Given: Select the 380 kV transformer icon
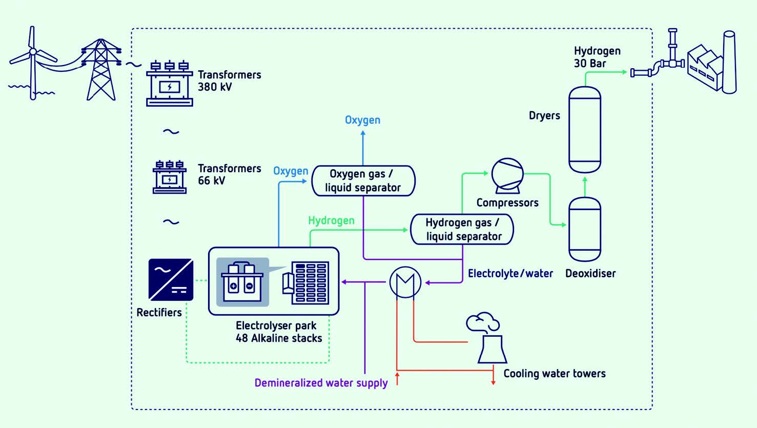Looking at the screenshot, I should coord(170,84).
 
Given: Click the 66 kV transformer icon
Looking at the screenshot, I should coord(170,177).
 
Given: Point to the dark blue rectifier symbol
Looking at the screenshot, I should coord(171,279).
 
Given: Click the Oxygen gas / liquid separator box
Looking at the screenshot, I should coord(363,180).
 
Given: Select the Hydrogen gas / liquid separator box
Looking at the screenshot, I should coord(462,230).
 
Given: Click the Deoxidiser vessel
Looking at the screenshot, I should coord(585,230).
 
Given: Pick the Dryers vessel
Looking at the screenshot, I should coord(585,130).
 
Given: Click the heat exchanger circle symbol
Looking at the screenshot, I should coord(405,282).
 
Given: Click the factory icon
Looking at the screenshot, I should coord(712,64).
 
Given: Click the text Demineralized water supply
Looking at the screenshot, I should coord(321,383).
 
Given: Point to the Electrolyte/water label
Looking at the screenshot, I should coord(510,274).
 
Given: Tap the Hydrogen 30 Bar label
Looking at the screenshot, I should coord(597,57).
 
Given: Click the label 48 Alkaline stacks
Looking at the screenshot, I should coord(279,338).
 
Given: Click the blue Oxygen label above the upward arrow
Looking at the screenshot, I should coord(362,120).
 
